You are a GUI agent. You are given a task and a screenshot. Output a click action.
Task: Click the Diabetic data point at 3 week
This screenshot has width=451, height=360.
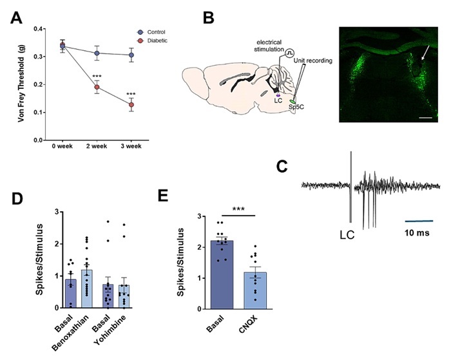(131, 105)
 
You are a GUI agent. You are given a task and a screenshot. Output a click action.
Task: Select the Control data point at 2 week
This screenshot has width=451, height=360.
(97, 53)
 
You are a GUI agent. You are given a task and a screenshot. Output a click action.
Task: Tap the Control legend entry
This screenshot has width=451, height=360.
(151, 32)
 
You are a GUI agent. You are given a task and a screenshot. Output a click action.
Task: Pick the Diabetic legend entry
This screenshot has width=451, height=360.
(152, 41)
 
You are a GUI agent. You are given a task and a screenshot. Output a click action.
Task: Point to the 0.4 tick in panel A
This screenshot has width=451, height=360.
(38, 29)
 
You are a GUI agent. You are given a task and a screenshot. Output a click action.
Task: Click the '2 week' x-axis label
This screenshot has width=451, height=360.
(97, 146)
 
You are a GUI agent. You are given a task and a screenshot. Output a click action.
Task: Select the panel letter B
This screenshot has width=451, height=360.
(209, 18)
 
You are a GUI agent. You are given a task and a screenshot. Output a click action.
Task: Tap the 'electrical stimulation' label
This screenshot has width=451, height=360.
(269, 46)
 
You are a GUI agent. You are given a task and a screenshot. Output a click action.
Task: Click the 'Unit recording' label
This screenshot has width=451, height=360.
(312, 61)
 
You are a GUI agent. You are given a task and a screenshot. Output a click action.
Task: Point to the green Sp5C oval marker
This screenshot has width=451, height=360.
(293, 102)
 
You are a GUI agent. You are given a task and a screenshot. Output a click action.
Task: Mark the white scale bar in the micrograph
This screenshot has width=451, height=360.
(426, 118)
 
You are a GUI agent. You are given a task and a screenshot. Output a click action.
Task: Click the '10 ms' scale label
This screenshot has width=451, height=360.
(417, 232)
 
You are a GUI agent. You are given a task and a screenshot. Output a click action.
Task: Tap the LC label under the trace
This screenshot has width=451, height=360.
(347, 235)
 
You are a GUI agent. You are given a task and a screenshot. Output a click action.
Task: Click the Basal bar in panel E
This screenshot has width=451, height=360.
(222, 274)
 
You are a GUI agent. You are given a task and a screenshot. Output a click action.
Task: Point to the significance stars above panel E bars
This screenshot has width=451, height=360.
(238, 209)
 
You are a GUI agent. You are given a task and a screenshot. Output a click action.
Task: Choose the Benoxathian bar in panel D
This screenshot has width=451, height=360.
(87, 289)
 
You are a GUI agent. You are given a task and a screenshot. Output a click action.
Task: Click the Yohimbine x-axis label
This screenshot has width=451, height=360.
(110, 330)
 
